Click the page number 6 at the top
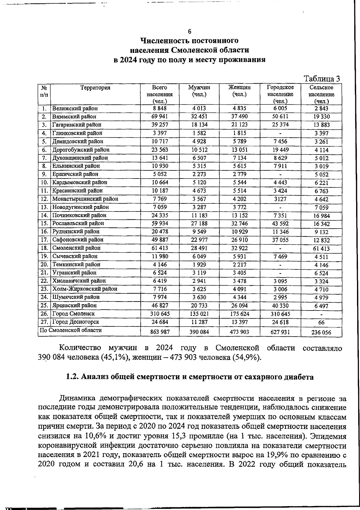189,31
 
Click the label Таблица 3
322,79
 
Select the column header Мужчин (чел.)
199,91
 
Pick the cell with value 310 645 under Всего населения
159,314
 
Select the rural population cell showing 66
321,322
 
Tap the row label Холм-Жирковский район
85,289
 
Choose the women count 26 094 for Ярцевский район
239,306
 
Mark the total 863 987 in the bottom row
159,332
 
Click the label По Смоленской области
71,330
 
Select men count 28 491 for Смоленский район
199,248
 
